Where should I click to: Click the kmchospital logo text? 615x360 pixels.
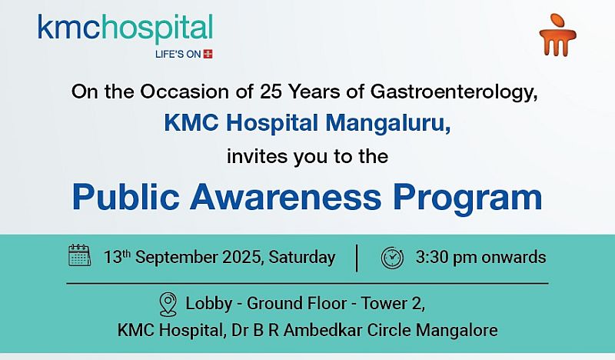point(125,28)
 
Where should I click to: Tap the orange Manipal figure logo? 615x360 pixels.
point(557,35)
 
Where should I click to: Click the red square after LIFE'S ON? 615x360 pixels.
point(208,54)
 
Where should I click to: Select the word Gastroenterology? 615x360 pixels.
point(454,92)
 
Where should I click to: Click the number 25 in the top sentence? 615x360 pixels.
point(271,92)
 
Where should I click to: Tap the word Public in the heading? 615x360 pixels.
point(126,198)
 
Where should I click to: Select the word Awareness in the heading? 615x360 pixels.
point(285,198)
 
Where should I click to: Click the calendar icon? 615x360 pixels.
point(80,255)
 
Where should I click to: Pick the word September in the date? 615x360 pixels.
point(177,258)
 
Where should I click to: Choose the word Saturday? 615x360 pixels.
point(302,258)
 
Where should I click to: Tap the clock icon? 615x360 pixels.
point(392,258)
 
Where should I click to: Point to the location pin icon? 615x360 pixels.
point(168,305)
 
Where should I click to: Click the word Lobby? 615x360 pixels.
point(208,305)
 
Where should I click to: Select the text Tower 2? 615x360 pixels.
point(393,304)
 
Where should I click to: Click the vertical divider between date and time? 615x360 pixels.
point(357,258)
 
